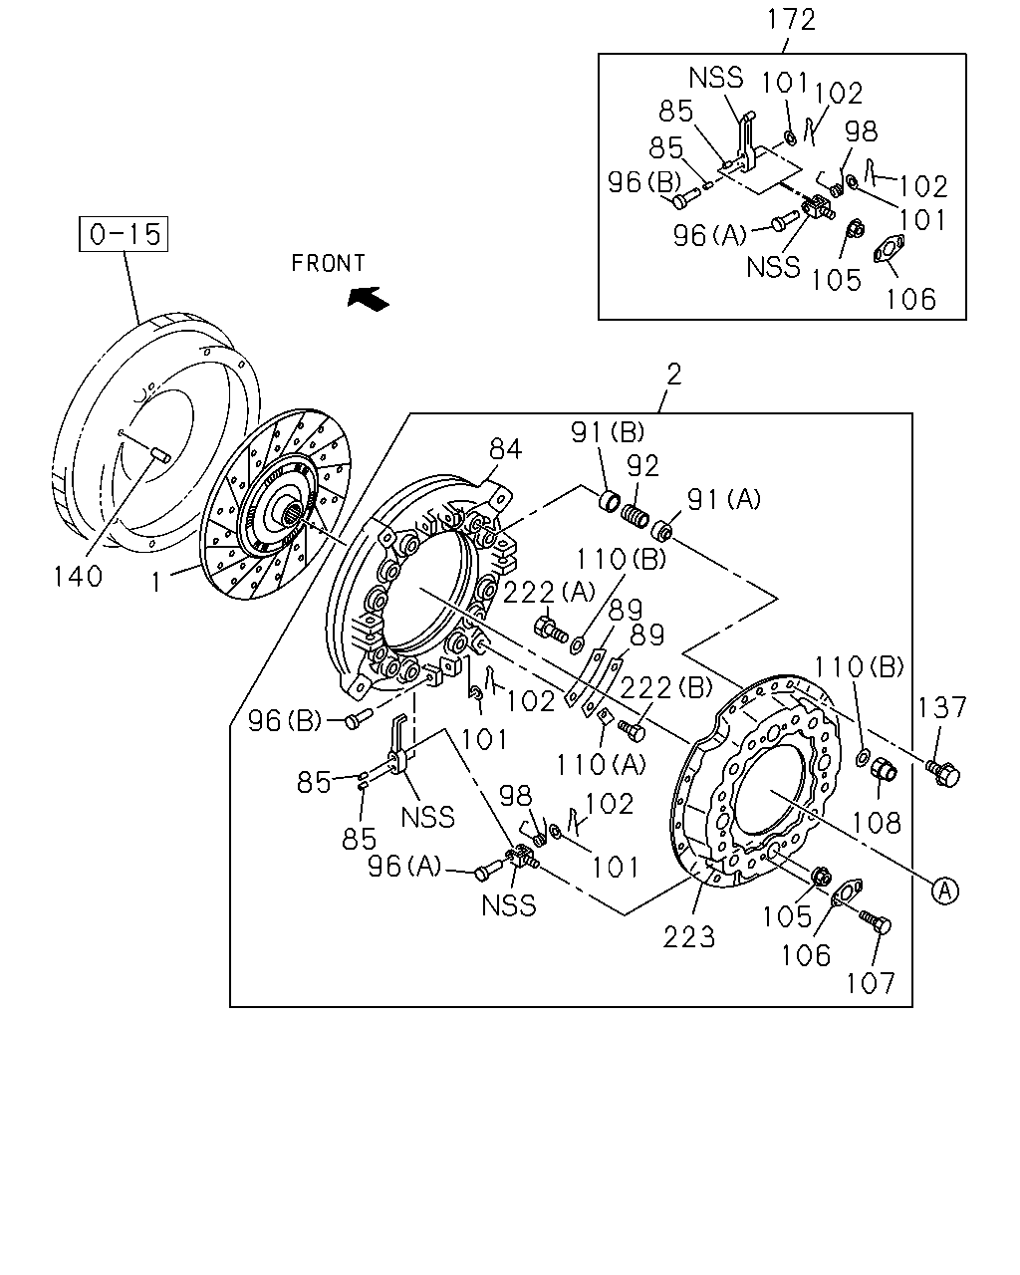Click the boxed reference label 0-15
click(x=124, y=234)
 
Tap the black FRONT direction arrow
click(x=368, y=298)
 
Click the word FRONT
click(x=329, y=263)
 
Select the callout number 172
click(x=791, y=20)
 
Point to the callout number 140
click(x=78, y=576)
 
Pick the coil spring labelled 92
click(x=635, y=514)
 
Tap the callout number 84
click(x=505, y=449)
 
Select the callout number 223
click(x=688, y=937)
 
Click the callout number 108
click(x=876, y=823)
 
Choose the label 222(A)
click(x=549, y=592)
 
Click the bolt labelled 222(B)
click(x=632, y=729)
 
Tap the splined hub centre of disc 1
click(x=291, y=510)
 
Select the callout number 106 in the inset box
click(x=911, y=299)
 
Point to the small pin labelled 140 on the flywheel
click(x=160, y=454)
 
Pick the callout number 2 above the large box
click(x=674, y=375)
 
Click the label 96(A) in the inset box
click(x=709, y=236)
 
